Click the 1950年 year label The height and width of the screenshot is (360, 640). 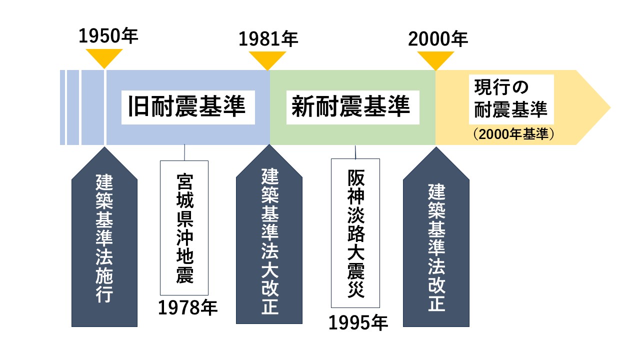pyautogui.click(x=108, y=36)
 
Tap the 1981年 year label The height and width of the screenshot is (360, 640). pyautogui.click(x=268, y=39)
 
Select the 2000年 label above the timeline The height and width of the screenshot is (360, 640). pyautogui.click(x=438, y=39)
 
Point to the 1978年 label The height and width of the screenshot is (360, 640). pyautogui.click(x=187, y=307)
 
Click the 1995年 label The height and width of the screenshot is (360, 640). pyautogui.click(x=358, y=323)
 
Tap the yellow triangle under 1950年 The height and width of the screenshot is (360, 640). pyautogui.click(x=104, y=58)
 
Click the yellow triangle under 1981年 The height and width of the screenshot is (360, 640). pyautogui.click(x=267, y=60)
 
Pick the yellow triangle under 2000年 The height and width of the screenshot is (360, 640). pyautogui.click(x=435, y=60)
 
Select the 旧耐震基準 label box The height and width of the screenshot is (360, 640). pyautogui.click(x=188, y=107)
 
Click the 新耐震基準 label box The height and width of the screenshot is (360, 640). pyautogui.click(x=353, y=107)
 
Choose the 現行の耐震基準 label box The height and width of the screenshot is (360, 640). pyautogui.click(x=511, y=99)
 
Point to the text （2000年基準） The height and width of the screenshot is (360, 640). pyautogui.click(x=513, y=134)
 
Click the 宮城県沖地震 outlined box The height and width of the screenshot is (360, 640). pyautogui.click(x=184, y=227)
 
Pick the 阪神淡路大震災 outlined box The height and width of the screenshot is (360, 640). pyautogui.click(x=355, y=233)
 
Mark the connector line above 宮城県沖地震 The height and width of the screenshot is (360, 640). pyautogui.click(x=184, y=152)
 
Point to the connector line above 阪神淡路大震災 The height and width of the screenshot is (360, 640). pyautogui.click(x=355, y=152)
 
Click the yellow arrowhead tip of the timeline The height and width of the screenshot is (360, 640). pyautogui.click(x=610, y=107)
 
